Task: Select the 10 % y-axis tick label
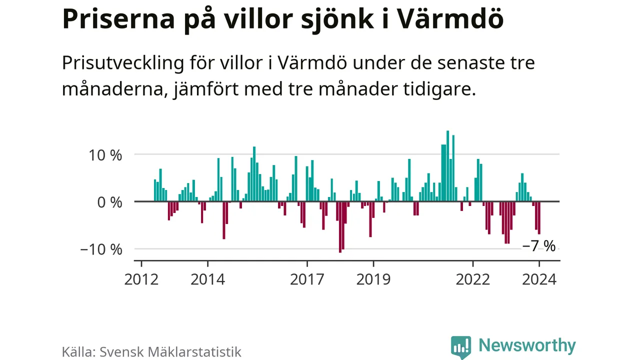click(x=102, y=155)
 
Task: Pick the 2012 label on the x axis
click(x=141, y=279)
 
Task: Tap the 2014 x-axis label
click(x=207, y=279)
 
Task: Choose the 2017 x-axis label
click(x=306, y=279)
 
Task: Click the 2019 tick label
click(x=373, y=279)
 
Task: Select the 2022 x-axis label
click(x=472, y=279)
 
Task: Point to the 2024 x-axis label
click(x=539, y=279)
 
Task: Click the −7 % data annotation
click(x=538, y=246)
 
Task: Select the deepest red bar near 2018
click(x=340, y=227)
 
